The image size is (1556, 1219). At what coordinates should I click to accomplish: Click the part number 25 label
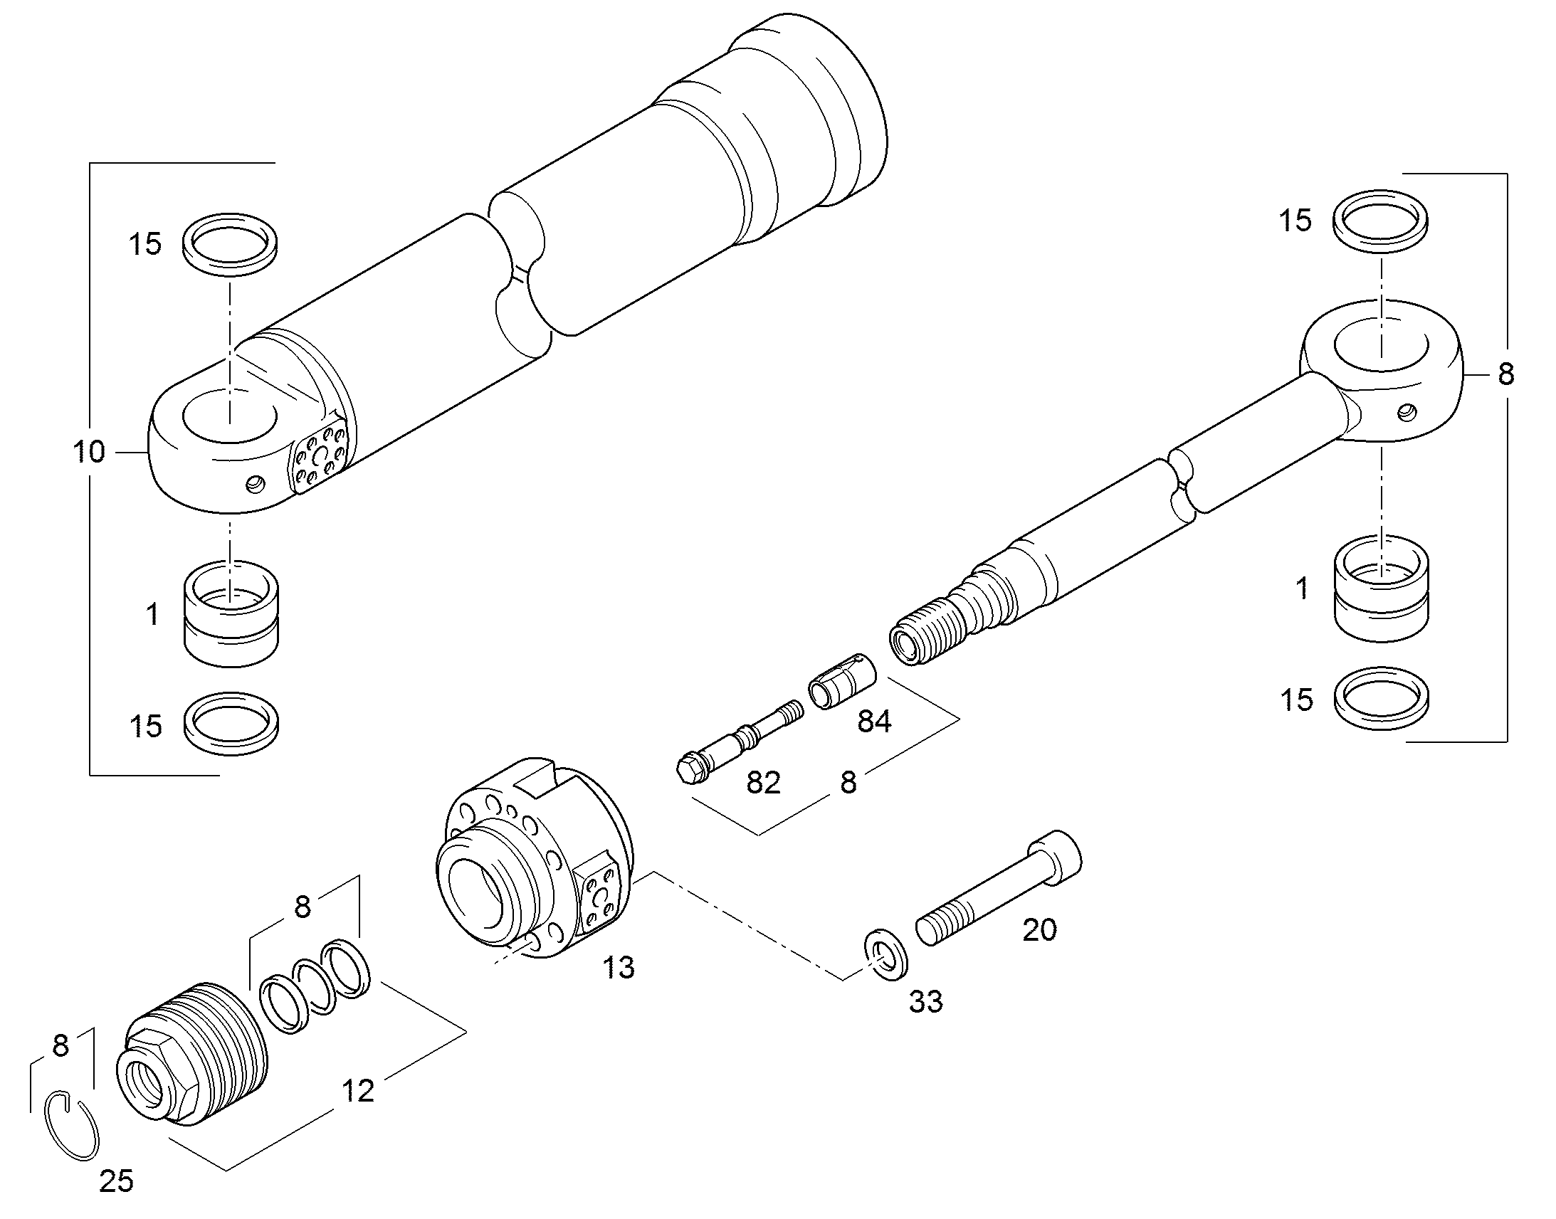(116, 1181)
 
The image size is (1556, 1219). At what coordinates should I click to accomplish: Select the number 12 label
(357, 1091)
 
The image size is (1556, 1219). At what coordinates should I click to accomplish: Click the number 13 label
(618, 969)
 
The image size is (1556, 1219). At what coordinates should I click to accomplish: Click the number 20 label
(1039, 930)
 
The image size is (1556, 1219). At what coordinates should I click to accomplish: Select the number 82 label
(763, 783)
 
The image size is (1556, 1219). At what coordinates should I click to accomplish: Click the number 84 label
(874, 722)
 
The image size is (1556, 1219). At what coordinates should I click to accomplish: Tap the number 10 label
(89, 452)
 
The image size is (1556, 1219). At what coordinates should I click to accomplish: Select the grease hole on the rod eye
(1407, 411)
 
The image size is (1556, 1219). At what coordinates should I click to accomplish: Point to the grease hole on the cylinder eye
(255, 485)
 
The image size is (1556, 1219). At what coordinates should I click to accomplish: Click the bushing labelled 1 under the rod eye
(1381, 588)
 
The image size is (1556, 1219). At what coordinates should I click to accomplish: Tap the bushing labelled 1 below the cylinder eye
(231, 614)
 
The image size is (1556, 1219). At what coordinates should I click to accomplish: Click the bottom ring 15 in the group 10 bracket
(231, 722)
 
